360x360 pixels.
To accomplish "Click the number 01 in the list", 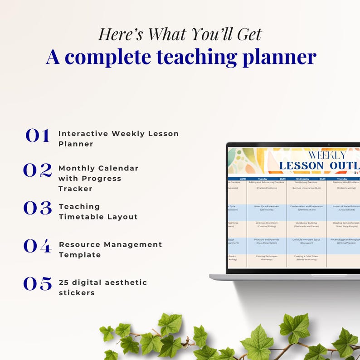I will tap(37, 136).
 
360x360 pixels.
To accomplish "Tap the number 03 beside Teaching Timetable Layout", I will tap(38, 208).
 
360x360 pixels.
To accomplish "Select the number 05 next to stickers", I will tap(38, 284).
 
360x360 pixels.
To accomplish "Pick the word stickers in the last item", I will tap(77, 293).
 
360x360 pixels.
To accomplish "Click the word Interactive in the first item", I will tap(83, 134).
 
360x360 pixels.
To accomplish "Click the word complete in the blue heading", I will tap(109, 57).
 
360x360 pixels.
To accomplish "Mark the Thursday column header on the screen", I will tap(342, 179).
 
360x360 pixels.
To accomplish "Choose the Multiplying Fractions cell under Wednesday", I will tap(306, 182).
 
